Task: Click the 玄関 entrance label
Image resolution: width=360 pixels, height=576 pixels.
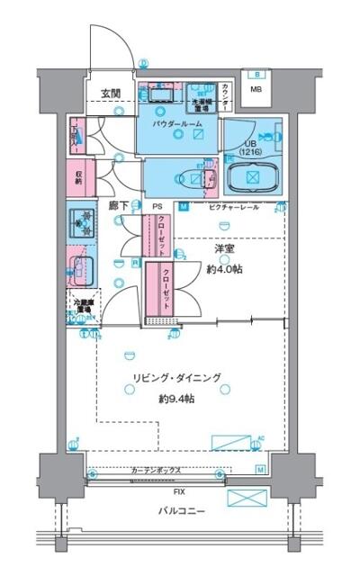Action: (x=111, y=93)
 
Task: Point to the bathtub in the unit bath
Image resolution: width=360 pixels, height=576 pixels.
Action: (x=253, y=177)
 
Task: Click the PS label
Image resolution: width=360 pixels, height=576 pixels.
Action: (x=157, y=206)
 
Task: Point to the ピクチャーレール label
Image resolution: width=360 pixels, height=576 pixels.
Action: (x=236, y=207)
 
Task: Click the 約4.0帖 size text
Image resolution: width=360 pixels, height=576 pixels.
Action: (x=225, y=269)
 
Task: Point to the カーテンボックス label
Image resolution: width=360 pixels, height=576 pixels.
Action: (x=157, y=470)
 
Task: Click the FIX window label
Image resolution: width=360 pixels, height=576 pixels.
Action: (x=179, y=492)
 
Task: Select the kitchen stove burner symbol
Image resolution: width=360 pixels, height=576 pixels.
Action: (x=82, y=220)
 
